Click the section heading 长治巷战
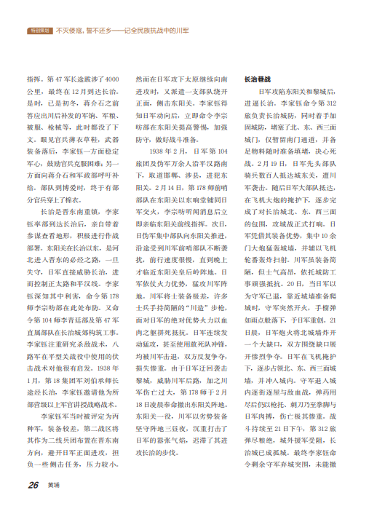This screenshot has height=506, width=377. pos(256,77)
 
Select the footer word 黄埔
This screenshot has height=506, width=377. pos(55,484)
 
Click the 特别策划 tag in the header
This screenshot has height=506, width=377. pos(39,31)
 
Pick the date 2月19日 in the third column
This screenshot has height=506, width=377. pos(276,165)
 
